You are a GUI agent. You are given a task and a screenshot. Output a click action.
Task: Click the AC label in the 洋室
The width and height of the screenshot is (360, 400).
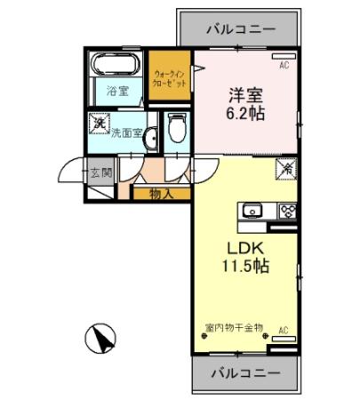tap(285, 64)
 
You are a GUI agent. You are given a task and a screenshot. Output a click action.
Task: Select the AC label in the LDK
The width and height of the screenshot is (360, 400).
tap(284, 331)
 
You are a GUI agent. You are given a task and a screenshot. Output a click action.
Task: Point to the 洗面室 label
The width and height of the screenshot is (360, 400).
tap(126, 133)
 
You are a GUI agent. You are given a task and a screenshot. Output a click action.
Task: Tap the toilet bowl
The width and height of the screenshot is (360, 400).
tap(176, 127)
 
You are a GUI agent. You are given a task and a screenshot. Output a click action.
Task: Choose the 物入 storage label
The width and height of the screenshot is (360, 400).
tap(160, 193)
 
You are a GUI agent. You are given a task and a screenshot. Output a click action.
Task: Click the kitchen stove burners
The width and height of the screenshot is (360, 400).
tap(289, 212)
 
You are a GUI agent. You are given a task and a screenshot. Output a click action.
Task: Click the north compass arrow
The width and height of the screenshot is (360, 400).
tap(101, 337)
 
